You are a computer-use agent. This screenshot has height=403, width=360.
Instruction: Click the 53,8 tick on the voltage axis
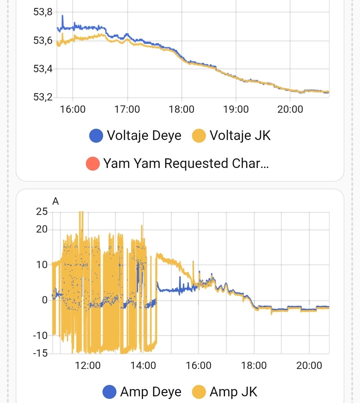pos(43,12)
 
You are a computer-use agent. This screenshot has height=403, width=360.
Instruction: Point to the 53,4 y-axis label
pos(43,69)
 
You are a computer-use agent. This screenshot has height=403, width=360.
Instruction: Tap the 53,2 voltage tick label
pos(43,97)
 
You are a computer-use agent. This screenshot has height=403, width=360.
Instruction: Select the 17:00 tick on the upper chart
pos(127,109)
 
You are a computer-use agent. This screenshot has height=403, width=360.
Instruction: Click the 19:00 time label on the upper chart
pos(236,109)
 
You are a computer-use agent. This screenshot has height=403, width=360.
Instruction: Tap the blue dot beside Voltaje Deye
pos(96,136)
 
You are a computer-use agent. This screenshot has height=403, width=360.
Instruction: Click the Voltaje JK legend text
pos(240,136)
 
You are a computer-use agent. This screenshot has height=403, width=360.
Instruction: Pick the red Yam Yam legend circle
pos(93,164)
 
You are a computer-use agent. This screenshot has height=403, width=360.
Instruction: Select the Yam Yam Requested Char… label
pos(186,164)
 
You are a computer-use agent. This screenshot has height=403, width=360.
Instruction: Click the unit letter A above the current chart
pos(56,201)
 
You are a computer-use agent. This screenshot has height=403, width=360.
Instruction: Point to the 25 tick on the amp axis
pos(42,212)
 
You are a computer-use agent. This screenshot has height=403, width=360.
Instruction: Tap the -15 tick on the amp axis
pos(40,353)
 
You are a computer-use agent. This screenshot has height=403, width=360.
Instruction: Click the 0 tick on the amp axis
pos(45,300)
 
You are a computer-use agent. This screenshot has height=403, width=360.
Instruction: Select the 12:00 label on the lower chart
pos(88,366)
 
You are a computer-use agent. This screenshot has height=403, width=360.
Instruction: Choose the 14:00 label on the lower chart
pos(143,366)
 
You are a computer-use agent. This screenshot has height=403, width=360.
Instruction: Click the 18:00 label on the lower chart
pos(254,366)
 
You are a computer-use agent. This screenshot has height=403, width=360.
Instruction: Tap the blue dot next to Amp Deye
pos(109,392)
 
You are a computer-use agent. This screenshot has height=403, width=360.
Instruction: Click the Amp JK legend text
pos(233,392)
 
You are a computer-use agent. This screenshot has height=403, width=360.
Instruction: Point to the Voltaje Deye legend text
pos(144,136)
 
